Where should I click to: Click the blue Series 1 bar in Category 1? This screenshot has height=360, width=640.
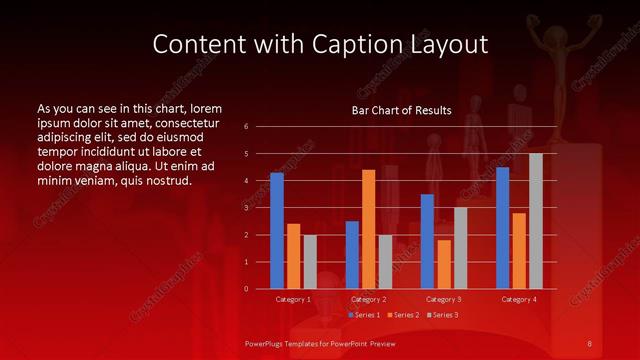[x=277, y=231]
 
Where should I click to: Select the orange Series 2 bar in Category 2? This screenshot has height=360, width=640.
[x=368, y=229]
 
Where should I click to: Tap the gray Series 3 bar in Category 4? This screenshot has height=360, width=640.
[x=535, y=221]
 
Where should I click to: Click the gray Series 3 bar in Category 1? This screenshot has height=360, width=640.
[x=310, y=262]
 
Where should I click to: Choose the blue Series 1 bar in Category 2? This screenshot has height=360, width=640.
[x=352, y=255]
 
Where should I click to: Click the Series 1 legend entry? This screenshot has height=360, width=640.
[x=364, y=315]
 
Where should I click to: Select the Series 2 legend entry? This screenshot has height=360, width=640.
[x=403, y=315]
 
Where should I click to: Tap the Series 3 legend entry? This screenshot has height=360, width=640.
[x=442, y=315]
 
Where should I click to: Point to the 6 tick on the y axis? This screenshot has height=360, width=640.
[x=246, y=127]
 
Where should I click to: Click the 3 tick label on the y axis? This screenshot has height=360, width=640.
[x=246, y=208]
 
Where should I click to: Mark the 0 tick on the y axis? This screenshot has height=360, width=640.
[x=246, y=289]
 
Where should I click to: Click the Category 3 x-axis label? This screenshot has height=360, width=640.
[x=444, y=299]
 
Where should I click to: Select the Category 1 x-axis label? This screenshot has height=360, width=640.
[x=293, y=299]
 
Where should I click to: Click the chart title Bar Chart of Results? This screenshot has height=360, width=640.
[x=401, y=110]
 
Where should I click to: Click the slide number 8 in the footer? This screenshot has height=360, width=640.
[x=590, y=344]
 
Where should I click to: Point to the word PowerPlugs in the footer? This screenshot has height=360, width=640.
[x=268, y=344]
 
